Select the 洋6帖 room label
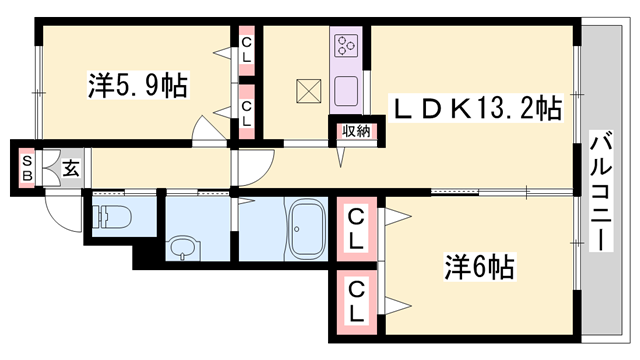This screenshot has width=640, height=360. (x=479, y=267)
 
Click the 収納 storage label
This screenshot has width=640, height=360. (x=354, y=129)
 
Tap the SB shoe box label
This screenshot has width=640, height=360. (x=27, y=169)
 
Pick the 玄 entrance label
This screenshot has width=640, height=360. (x=72, y=169)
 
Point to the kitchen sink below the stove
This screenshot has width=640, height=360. (x=346, y=87)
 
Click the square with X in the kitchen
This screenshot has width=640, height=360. (x=308, y=91)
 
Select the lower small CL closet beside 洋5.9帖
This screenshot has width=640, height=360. (x=246, y=109)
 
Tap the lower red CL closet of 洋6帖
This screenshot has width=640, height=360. (x=355, y=298)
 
